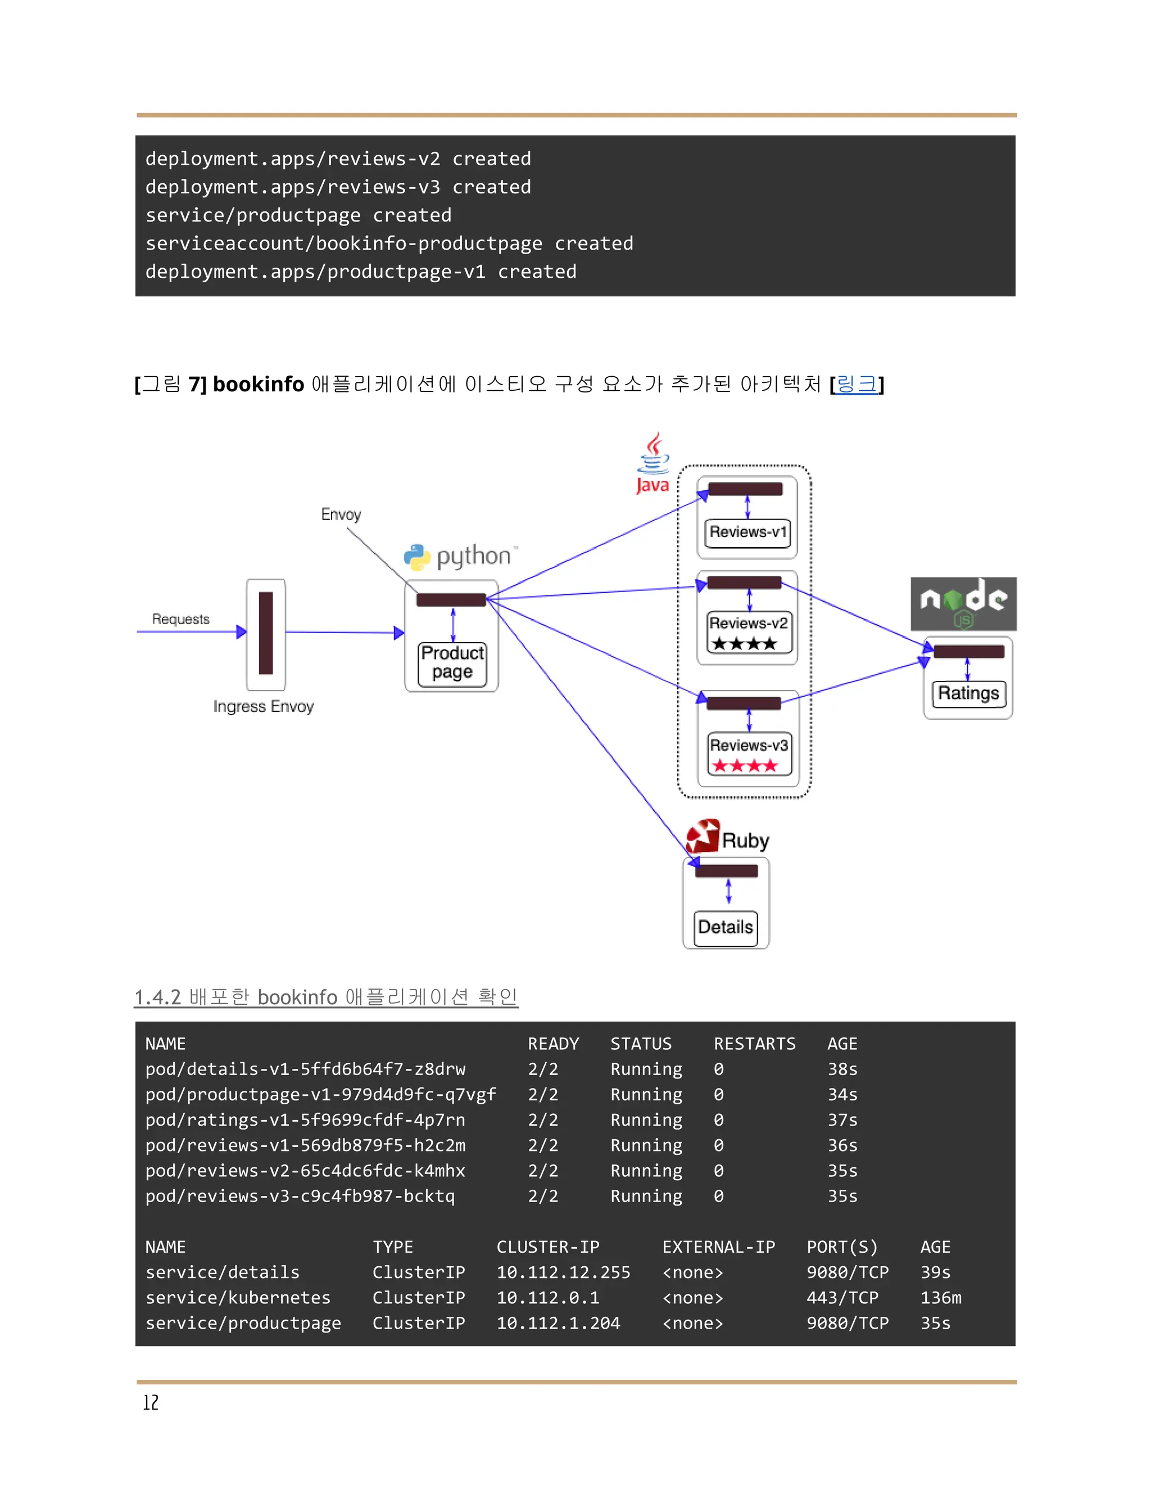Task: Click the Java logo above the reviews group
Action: (x=653, y=463)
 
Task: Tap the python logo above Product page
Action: (x=460, y=557)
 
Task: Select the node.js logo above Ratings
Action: (x=963, y=603)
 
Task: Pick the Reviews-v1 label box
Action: (x=747, y=532)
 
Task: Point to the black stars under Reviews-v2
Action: (x=744, y=643)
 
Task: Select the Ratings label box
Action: (x=968, y=693)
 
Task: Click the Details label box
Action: (x=726, y=927)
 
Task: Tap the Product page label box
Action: (x=452, y=662)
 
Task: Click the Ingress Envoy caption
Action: (x=263, y=706)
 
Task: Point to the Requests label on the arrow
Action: (x=181, y=619)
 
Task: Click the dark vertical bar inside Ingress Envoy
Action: (x=266, y=633)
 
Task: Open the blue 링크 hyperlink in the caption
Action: (x=857, y=384)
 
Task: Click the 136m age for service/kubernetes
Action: (x=940, y=1298)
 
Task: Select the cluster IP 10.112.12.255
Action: (x=563, y=1272)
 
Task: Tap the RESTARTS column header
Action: (x=754, y=1044)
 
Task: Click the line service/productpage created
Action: (x=298, y=215)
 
